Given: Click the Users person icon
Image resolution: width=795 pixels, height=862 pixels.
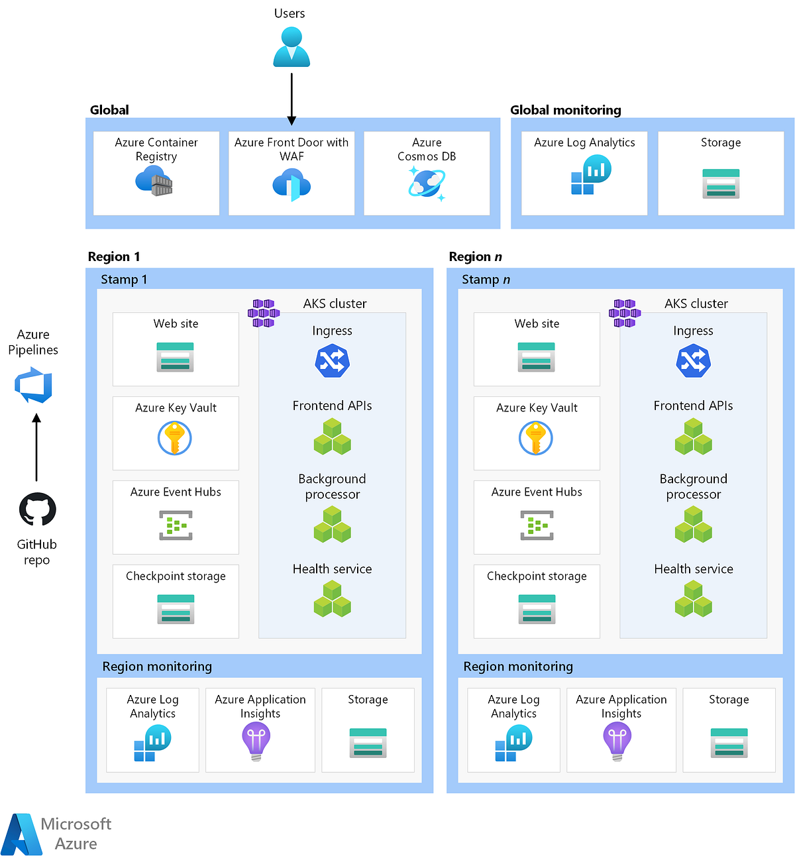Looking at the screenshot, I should [291, 47].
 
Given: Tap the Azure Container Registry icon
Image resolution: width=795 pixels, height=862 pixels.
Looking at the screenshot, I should [154, 181].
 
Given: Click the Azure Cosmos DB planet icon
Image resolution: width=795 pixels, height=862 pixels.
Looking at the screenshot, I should [427, 183].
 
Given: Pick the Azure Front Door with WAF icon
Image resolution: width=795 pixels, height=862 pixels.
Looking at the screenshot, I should [291, 185].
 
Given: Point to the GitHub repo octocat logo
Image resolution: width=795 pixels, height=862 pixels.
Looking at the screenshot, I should [37, 510].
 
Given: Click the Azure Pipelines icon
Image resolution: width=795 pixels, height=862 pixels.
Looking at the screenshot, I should [34, 386].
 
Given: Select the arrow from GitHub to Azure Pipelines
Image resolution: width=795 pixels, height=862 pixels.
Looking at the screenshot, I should [36, 448].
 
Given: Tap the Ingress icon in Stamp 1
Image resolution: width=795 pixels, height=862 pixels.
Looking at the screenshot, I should [332, 361].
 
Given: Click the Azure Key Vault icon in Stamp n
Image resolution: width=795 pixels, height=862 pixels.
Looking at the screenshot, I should [536, 438].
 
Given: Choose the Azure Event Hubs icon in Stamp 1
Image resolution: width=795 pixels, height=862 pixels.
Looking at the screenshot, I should [176, 525].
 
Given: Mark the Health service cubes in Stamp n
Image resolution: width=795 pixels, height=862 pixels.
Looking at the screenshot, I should [693, 599].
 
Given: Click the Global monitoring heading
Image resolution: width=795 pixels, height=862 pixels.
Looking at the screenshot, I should [565, 110].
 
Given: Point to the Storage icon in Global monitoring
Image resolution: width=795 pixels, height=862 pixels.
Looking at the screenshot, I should [721, 184].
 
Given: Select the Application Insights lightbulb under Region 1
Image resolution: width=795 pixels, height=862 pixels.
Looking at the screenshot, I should [256, 741].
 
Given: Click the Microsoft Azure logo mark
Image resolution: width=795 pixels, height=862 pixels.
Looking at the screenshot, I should [21, 834].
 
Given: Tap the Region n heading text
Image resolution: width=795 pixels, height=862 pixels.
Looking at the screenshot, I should [475, 256].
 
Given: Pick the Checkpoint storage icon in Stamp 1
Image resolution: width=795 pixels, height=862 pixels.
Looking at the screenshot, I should [176, 609].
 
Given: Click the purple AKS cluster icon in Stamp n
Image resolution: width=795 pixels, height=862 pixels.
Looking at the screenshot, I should [624, 313].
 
